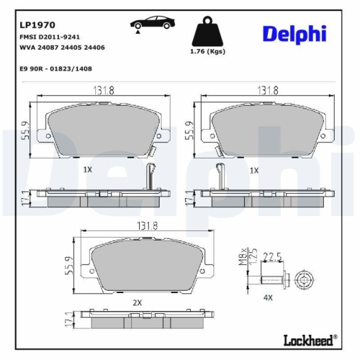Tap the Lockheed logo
pyautogui.click(x=317, y=340)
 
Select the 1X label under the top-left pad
pyautogui.click(x=88, y=170)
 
